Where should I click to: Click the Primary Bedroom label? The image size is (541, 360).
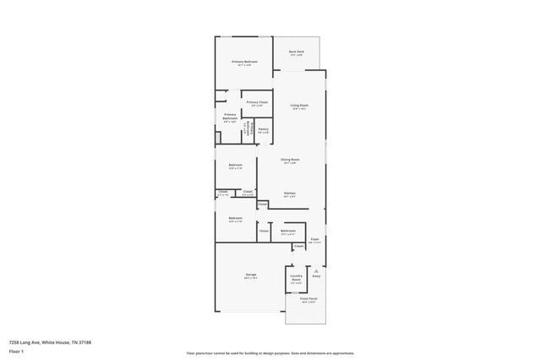[x=245, y=63]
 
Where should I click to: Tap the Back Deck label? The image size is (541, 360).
[x=296, y=52]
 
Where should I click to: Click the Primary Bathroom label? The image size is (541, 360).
[x=230, y=117]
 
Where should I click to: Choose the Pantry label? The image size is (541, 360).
[x=264, y=129]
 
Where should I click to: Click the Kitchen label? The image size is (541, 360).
[x=289, y=194]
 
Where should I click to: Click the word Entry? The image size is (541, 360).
[x=316, y=275]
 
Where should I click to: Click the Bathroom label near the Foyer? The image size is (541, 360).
[x=288, y=230]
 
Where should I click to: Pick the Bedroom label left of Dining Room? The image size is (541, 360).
[x=236, y=165]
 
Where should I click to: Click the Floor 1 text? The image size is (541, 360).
[x=15, y=350]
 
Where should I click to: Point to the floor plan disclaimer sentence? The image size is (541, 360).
[x=270, y=353]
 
